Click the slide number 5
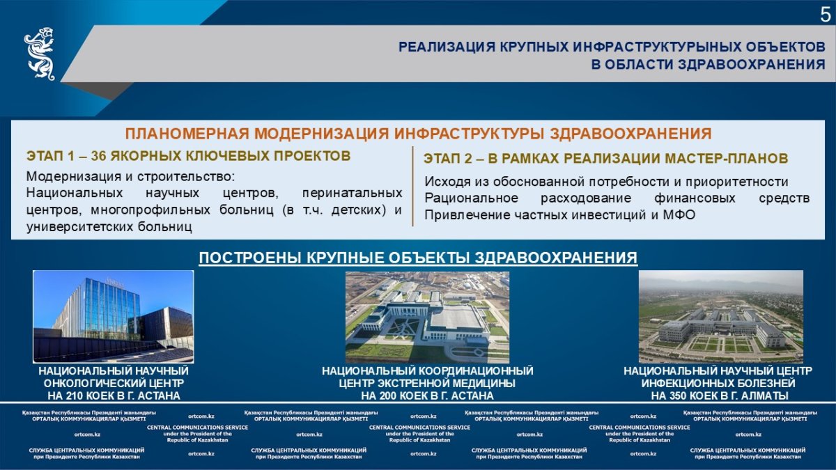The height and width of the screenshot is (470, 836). click(x=825, y=15)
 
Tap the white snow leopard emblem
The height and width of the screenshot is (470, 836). click(x=40, y=54)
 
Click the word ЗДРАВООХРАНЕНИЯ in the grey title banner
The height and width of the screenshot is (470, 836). click(x=751, y=65)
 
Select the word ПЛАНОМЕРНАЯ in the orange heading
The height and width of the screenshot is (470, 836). click(x=187, y=134)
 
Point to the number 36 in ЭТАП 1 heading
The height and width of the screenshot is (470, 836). click(x=99, y=156)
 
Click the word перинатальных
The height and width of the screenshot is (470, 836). click(x=352, y=194)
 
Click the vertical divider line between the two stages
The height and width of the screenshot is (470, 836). click(x=412, y=186)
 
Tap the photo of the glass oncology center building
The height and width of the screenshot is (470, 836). click(x=114, y=317)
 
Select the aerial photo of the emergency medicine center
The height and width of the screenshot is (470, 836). click(x=427, y=318)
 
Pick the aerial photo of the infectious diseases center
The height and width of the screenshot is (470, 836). click(x=721, y=317)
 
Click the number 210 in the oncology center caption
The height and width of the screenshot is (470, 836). click(x=77, y=395)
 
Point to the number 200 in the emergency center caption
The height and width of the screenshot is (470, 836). click(x=390, y=395)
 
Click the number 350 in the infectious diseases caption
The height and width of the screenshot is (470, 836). click(x=681, y=395)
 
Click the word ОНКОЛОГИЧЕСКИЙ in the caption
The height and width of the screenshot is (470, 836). click(x=94, y=384)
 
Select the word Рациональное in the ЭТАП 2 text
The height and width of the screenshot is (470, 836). click(x=472, y=198)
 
